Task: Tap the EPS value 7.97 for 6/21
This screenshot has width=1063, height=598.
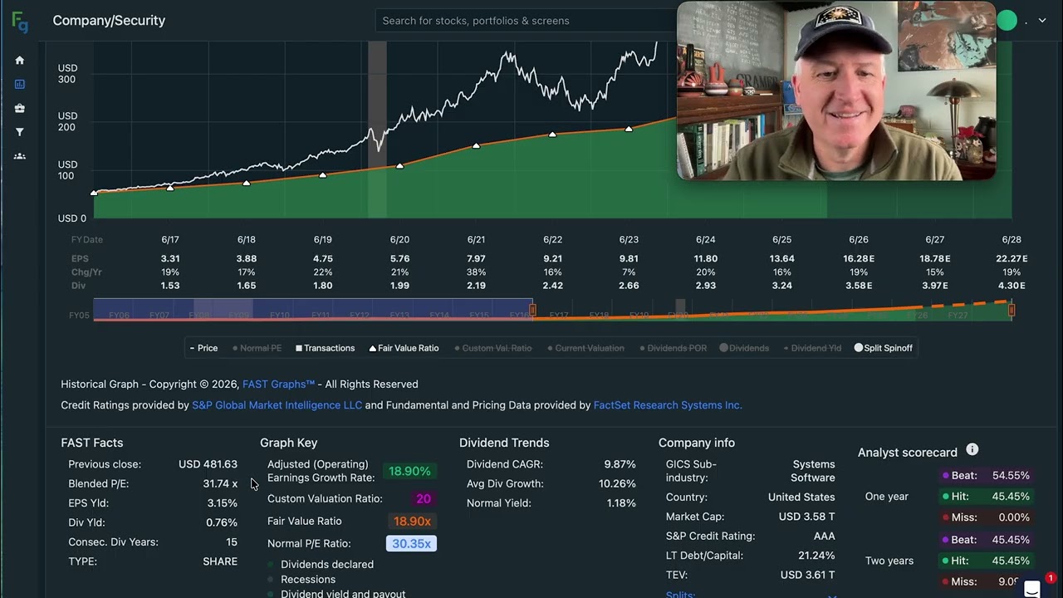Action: point(476,258)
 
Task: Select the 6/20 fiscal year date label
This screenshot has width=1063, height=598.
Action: point(399,239)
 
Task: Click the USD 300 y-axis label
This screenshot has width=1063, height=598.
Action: point(66,74)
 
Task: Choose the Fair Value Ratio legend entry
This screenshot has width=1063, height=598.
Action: point(404,348)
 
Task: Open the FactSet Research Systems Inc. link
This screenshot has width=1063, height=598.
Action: point(668,405)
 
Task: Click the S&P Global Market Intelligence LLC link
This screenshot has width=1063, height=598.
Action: point(277,405)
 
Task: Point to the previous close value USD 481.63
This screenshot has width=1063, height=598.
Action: point(208,464)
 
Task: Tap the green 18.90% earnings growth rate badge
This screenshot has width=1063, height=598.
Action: point(409,471)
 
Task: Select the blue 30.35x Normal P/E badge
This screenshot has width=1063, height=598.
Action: point(411,543)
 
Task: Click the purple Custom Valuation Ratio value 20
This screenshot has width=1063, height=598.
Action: point(424,498)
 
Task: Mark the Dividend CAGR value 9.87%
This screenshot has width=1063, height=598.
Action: point(620,464)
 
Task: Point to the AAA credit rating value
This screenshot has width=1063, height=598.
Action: point(824,536)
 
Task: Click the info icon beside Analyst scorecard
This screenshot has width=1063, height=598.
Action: point(972,449)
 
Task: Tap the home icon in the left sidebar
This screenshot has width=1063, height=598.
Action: point(20,61)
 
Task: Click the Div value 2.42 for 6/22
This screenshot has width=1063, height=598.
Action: point(552,286)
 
